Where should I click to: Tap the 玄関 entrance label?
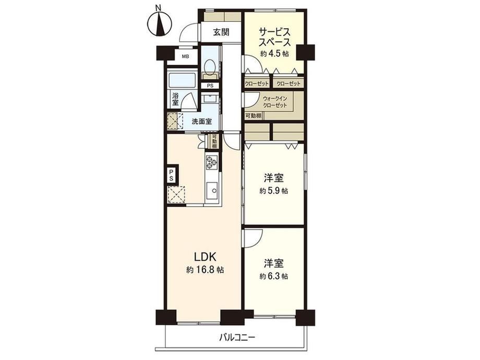221,32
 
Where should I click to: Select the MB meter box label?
186,57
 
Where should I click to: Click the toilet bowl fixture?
210,66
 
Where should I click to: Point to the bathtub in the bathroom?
182,81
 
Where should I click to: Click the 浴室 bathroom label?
175,99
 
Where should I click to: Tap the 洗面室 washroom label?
202,121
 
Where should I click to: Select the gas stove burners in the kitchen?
211,162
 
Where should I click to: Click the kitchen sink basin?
211,191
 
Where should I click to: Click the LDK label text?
205,256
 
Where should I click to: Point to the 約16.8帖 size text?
205,270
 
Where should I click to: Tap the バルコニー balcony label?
237,338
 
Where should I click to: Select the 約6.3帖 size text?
274,276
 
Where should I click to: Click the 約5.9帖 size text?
274,191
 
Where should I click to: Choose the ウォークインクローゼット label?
275,102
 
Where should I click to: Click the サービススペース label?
274,37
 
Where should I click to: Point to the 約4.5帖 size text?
274,54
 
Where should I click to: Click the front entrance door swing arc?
185,33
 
